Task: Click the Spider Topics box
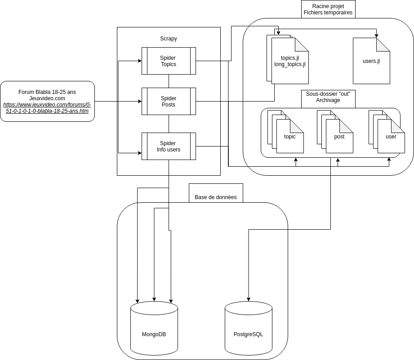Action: [x=169, y=61]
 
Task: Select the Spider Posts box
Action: [x=169, y=101]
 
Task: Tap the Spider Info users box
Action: [x=169, y=146]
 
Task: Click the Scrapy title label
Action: [x=169, y=39]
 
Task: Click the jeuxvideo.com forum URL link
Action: [x=47, y=108]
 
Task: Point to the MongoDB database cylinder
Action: [x=154, y=328]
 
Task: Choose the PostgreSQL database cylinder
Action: [x=248, y=328]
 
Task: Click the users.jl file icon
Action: [x=371, y=61]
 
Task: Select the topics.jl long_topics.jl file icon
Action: [x=289, y=61]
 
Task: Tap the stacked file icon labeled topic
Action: [x=289, y=136]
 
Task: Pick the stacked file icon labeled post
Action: [x=339, y=136]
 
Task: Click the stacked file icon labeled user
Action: [x=391, y=136]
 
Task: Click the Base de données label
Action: [x=215, y=197]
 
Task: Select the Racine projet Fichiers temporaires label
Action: [x=328, y=9]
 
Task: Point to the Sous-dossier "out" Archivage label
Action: [x=328, y=97]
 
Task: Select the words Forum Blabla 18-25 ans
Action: [x=47, y=92]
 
